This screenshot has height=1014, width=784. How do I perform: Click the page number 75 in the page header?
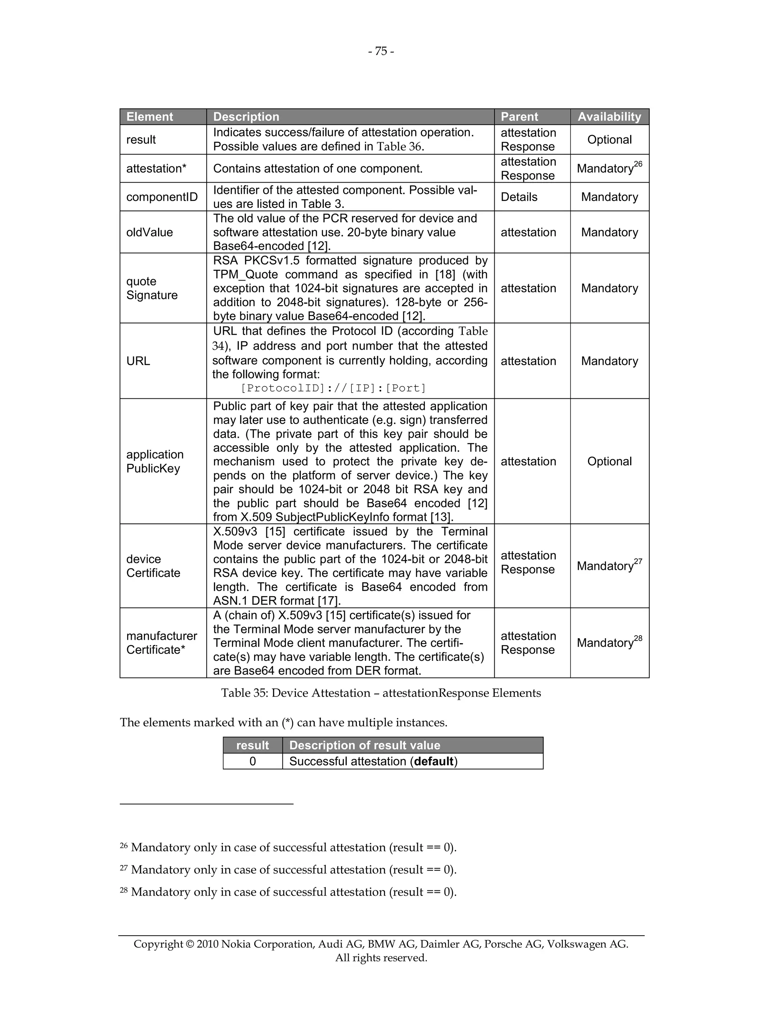point(381,51)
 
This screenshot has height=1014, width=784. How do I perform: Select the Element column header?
point(150,117)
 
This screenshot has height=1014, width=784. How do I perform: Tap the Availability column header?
point(609,117)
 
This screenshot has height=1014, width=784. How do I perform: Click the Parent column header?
point(519,117)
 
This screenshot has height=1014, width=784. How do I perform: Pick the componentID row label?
point(162,197)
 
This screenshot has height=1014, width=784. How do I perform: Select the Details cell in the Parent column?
point(519,197)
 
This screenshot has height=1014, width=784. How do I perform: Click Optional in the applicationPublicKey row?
point(609,461)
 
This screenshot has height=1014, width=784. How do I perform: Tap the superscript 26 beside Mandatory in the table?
point(638,164)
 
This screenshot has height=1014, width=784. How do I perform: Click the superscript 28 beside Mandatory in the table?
point(638,638)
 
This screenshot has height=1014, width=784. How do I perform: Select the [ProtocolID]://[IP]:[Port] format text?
point(333,388)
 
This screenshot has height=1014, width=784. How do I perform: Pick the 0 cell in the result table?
point(252,761)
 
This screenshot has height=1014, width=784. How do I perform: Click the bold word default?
point(434,761)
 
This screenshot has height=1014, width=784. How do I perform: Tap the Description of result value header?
point(364,745)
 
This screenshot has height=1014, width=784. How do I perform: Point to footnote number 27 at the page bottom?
point(124,867)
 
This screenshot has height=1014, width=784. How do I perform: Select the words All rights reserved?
point(381,957)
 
